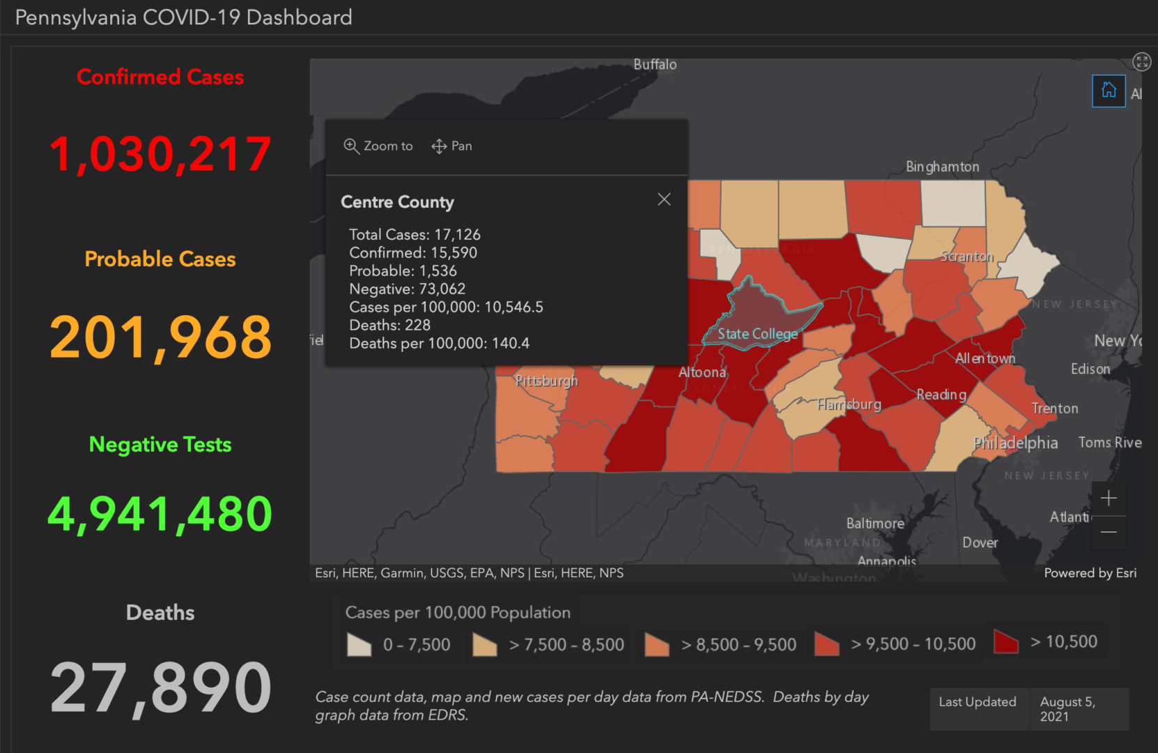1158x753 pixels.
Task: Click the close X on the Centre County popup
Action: tap(664, 199)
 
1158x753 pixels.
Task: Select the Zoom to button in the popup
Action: tap(378, 146)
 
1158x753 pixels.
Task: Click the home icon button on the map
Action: tap(1108, 91)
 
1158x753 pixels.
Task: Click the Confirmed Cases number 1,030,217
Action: tap(160, 154)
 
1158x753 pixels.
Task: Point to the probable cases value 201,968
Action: tap(160, 337)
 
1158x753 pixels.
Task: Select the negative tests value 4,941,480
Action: tap(160, 514)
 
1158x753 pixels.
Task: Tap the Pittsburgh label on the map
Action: tap(546, 381)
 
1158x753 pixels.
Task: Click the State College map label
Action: tap(757, 334)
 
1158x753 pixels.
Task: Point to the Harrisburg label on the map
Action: tap(849, 404)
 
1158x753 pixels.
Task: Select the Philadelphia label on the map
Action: tap(1015, 443)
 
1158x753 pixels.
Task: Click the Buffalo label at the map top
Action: tap(654, 64)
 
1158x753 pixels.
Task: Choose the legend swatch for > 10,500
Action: tap(1006, 642)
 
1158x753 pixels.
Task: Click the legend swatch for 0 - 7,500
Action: tap(359, 644)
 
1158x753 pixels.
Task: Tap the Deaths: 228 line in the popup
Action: tap(389, 325)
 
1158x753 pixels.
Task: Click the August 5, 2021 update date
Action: tap(1067, 709)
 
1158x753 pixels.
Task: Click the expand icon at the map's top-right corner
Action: tap(1141, 61)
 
